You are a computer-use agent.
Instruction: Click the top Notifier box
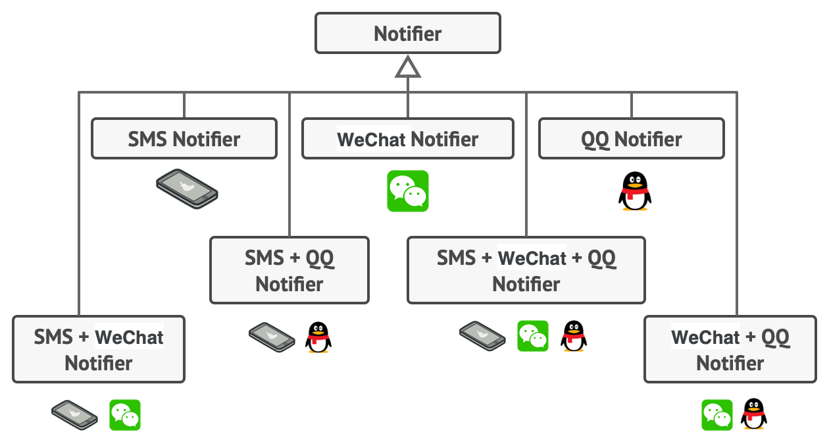coord(408,33)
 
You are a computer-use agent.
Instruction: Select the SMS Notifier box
coord(184,139)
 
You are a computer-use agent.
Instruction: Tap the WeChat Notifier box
coord(408,139)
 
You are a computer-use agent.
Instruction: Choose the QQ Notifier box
coord(632,139)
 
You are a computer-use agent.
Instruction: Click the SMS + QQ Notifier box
coord(289,270)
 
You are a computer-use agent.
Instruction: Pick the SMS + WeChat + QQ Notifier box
coord(526,270)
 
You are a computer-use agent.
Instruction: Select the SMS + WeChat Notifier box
coord(99,349)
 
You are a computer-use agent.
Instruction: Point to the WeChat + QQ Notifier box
coord(730,349)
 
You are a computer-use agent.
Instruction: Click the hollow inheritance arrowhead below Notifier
coord(408,67)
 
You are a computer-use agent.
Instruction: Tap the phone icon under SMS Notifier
coord(187,189)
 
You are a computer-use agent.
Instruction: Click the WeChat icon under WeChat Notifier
coord(408,191)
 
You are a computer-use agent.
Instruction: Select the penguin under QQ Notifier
coord(635,191)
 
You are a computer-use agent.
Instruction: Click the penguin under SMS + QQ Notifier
coord(318,337)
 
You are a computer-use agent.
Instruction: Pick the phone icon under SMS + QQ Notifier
coord(271,336)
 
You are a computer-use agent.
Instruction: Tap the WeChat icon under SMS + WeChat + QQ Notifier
coord(533,336)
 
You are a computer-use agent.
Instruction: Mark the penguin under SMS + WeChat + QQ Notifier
coord(574,336)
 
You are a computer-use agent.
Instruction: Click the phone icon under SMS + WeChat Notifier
coord(74,415)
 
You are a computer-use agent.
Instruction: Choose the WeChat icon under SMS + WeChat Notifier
coord(125,415)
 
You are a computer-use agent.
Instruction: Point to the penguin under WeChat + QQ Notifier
coord(754,414)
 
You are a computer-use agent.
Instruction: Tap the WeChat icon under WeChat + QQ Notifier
coord(717,415)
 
